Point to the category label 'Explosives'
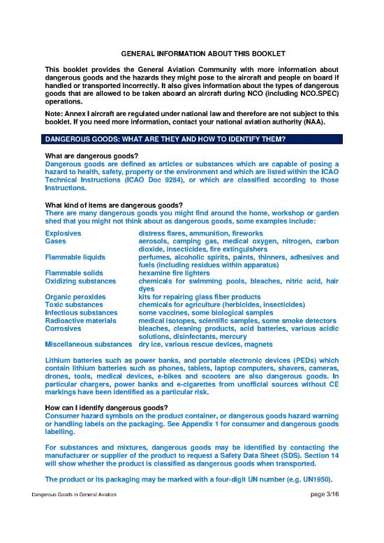point(63,232)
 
